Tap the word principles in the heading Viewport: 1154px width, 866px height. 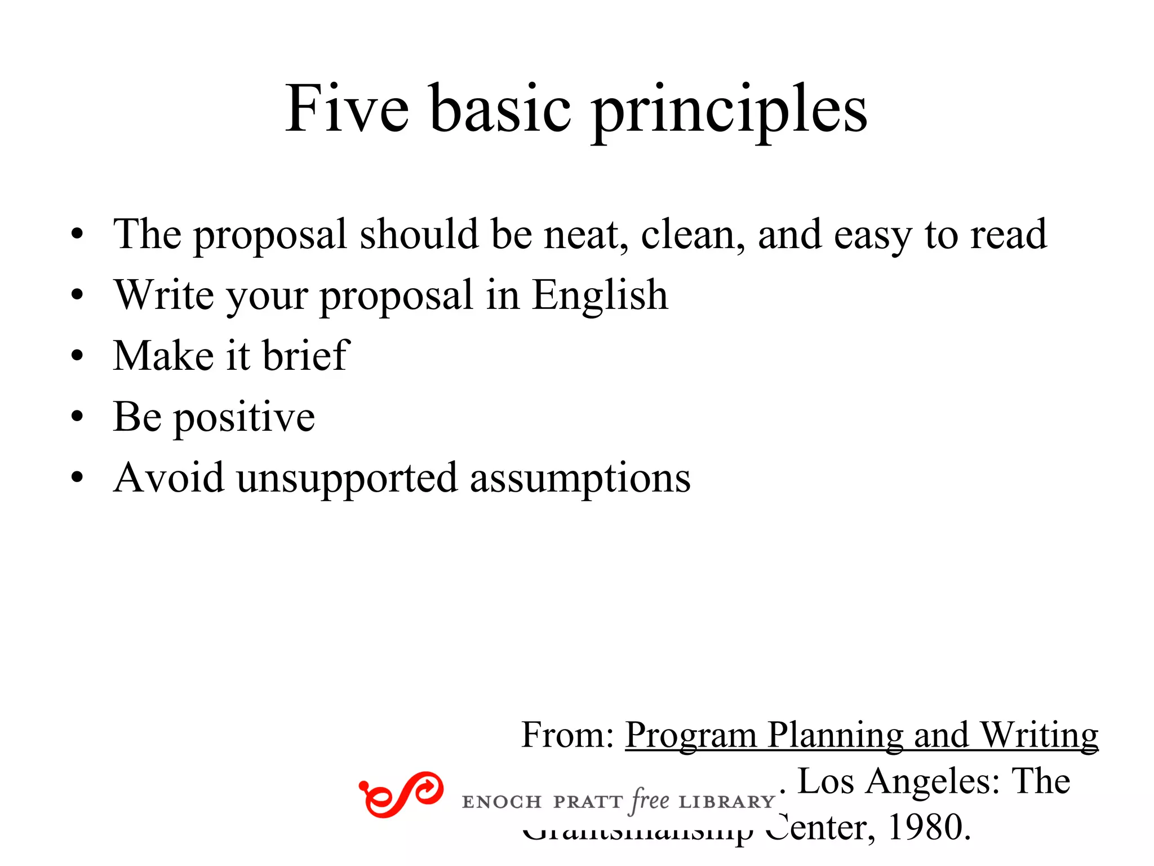click(x=730, y=111)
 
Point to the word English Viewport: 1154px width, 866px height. click(x=600, y=295)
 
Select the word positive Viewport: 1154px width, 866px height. click(x=244, y=418)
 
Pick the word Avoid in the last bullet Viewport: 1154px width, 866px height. click(x=168, y=478)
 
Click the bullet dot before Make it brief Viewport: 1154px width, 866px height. click(x=77, y=357)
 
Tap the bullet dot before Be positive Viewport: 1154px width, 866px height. click(x=77, y=418)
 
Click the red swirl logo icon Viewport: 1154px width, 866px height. click(x=401, y=794)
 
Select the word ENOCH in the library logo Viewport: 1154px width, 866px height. click(x=501, y=802)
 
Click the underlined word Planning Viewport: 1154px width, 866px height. click(x=835, y=735)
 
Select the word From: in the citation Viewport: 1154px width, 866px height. click(x=567, y=735)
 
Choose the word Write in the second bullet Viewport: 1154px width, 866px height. click(x=164, y=295)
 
